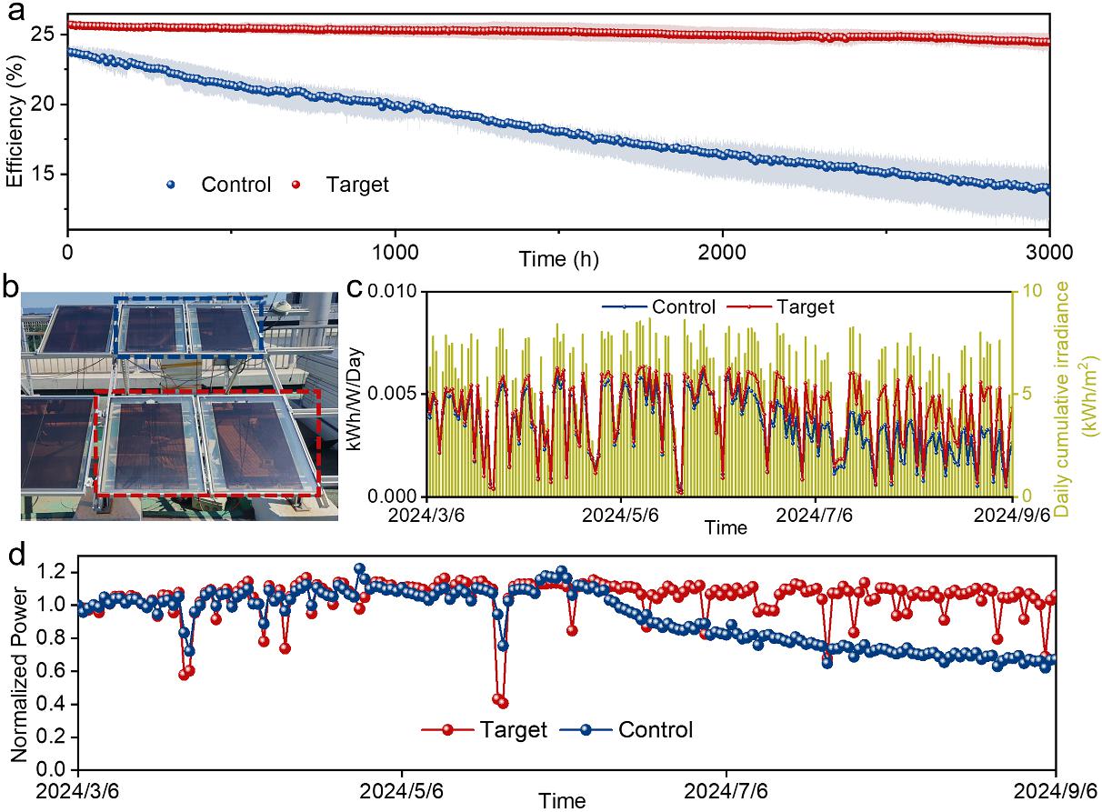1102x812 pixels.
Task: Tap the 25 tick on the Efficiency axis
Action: coord(48,35)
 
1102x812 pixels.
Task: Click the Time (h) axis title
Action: coord(559,259)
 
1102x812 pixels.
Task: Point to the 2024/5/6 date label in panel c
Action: coord(622,515)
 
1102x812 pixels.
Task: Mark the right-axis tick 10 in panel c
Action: coord(1028,292)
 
